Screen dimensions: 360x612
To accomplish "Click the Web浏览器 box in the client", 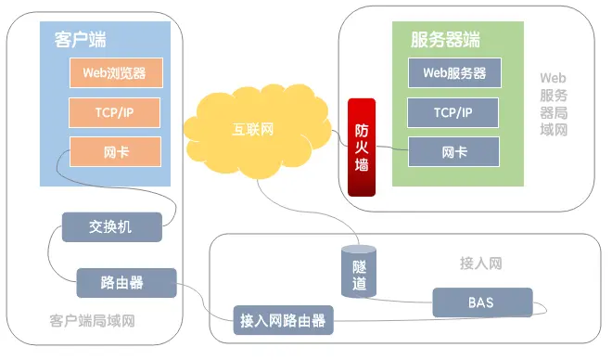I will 115,71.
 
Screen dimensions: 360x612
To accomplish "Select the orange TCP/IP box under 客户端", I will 115,112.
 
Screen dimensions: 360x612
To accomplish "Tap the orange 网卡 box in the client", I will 115,151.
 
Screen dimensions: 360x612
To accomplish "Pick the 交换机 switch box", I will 111,226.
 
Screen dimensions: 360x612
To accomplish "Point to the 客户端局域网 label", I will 92,321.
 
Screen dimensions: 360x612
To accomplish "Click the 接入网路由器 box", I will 283,321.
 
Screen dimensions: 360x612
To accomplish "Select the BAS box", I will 482,302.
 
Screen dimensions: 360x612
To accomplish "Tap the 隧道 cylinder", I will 359,273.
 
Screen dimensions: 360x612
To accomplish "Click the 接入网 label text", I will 480,264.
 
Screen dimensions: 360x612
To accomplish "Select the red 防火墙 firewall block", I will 362,148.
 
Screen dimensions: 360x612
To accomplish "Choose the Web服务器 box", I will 453,72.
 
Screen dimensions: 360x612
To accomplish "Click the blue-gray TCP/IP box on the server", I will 453,112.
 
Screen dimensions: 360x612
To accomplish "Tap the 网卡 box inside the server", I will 453,151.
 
